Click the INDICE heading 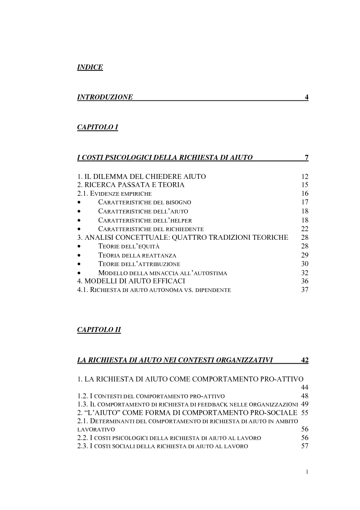tap(90, 68)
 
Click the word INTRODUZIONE tap(105, 97)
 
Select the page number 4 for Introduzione tap(306, 97)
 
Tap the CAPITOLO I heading tap(98, 128)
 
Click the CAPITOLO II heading tap(99, 330)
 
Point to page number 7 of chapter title tap(306, 158)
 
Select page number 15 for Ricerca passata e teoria tap(305, 185)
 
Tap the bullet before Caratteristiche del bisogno tap(79, 203)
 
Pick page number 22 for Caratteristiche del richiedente tap(305, 229)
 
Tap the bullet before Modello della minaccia tap(79, 273)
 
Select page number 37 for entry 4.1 tap(305, 290)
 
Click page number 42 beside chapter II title tap(305, 361)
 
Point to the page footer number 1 tap(307, 472)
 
